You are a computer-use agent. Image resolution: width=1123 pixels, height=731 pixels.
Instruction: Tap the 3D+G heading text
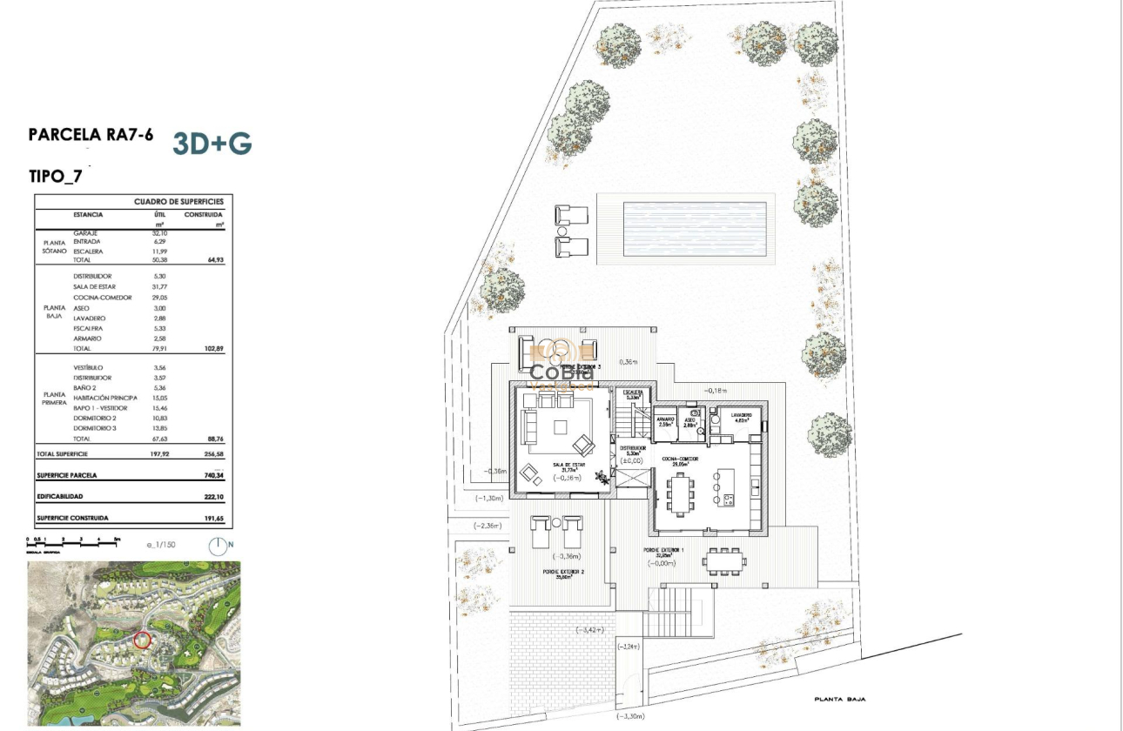[212, 144]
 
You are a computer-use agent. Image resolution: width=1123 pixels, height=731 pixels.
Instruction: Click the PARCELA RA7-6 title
[91, 135]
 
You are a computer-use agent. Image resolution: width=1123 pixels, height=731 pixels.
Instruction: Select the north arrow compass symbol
[218, 546]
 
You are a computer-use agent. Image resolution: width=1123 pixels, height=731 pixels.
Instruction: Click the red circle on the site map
[143, 640]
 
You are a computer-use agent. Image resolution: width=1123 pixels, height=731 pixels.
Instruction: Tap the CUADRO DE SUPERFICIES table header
[178, 201]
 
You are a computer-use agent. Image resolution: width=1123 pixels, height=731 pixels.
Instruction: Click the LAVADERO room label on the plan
[741, 415]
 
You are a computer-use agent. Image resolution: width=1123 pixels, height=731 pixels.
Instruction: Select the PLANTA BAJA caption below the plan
[839, 699]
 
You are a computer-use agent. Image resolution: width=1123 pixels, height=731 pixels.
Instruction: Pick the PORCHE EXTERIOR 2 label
[561, 572]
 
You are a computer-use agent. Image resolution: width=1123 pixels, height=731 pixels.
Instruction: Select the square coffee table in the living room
[561, 426]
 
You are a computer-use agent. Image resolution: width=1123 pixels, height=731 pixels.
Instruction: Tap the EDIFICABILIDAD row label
[59, 496]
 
